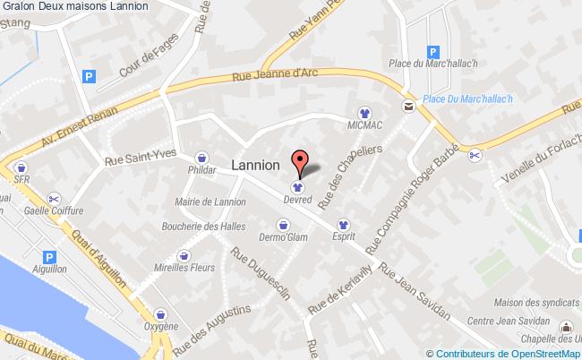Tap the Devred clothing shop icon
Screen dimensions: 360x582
(296, 187)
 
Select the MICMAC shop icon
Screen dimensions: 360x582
(364, 113)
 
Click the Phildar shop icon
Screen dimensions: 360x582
(202, 155)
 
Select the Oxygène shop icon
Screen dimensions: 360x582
(161, 314)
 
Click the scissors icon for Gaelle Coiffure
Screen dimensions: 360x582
(55, 198)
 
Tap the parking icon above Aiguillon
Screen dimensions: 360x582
(49, 257)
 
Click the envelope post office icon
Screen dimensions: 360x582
(408, 107)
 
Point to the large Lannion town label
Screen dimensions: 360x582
(256, 166)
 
